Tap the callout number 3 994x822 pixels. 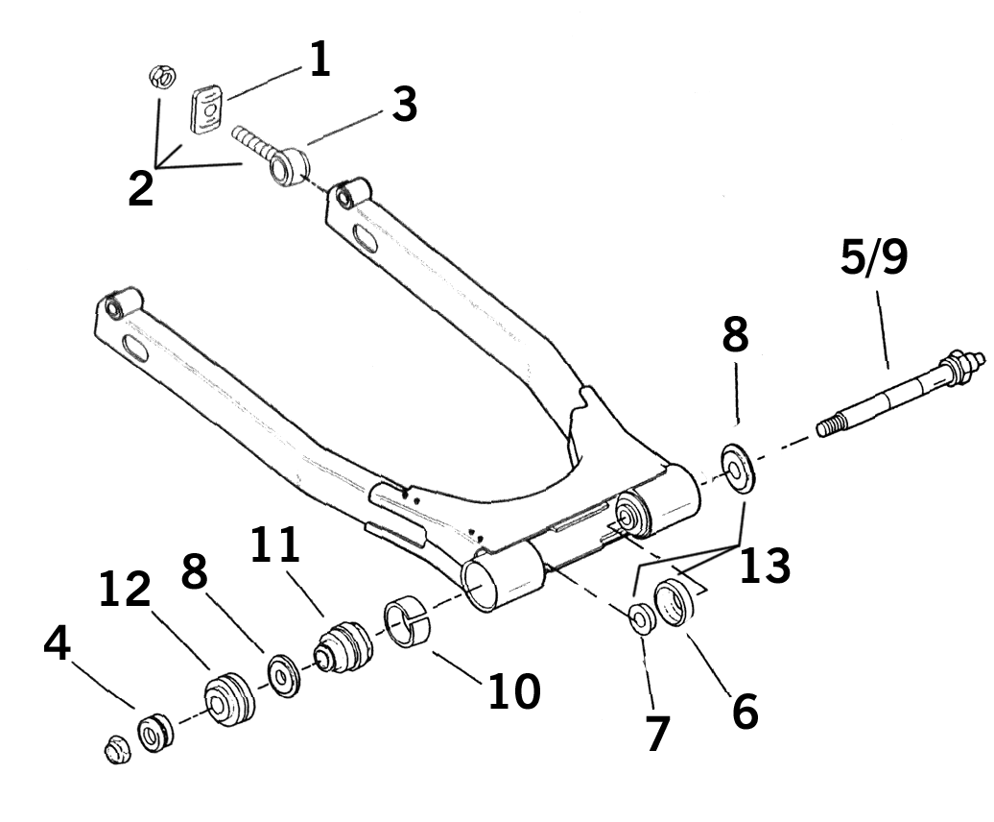(404, 105)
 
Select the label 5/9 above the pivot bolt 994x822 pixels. (872, 259)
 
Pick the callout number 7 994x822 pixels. (656, 734)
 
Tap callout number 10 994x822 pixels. (513, 690)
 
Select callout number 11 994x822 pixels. (275, 546)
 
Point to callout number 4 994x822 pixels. (58, 644)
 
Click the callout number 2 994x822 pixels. (140, 188)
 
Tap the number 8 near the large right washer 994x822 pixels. (736, 334)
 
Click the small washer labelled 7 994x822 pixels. (640, 619)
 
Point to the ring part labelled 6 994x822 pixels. (677, 603)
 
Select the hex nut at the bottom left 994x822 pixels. (117, 748)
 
